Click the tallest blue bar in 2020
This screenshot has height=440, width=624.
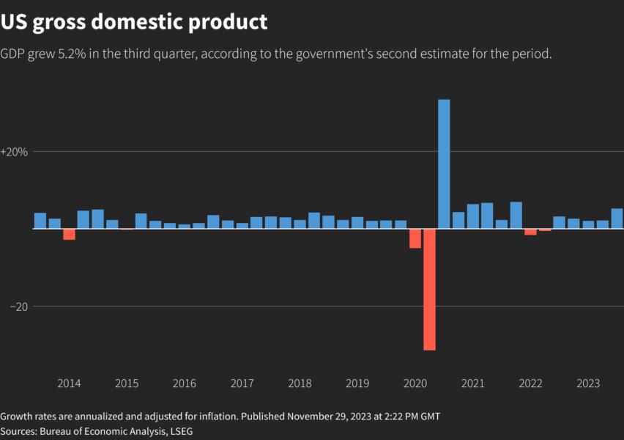tap(444, 164)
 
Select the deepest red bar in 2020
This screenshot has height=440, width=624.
tap(429, 289)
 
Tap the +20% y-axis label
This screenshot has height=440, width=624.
tap(15, 152)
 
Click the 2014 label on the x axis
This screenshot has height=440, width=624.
tap(69, 384)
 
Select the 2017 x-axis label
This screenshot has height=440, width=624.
tap(242, 384)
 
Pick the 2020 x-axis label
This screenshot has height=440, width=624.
tap(415, 384)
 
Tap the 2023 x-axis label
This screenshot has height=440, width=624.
tap(588, 384)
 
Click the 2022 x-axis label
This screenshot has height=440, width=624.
tap(530, 384)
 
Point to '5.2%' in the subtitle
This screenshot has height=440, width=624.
tap(92, 54)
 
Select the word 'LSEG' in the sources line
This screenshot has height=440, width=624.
tap(179, 432)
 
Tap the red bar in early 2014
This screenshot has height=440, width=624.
tap(69, 235)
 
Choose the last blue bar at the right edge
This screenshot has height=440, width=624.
tap(617, 219)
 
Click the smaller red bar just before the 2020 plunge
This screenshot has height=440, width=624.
tap(415, 238)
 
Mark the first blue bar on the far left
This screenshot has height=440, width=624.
tap(40, 221)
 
